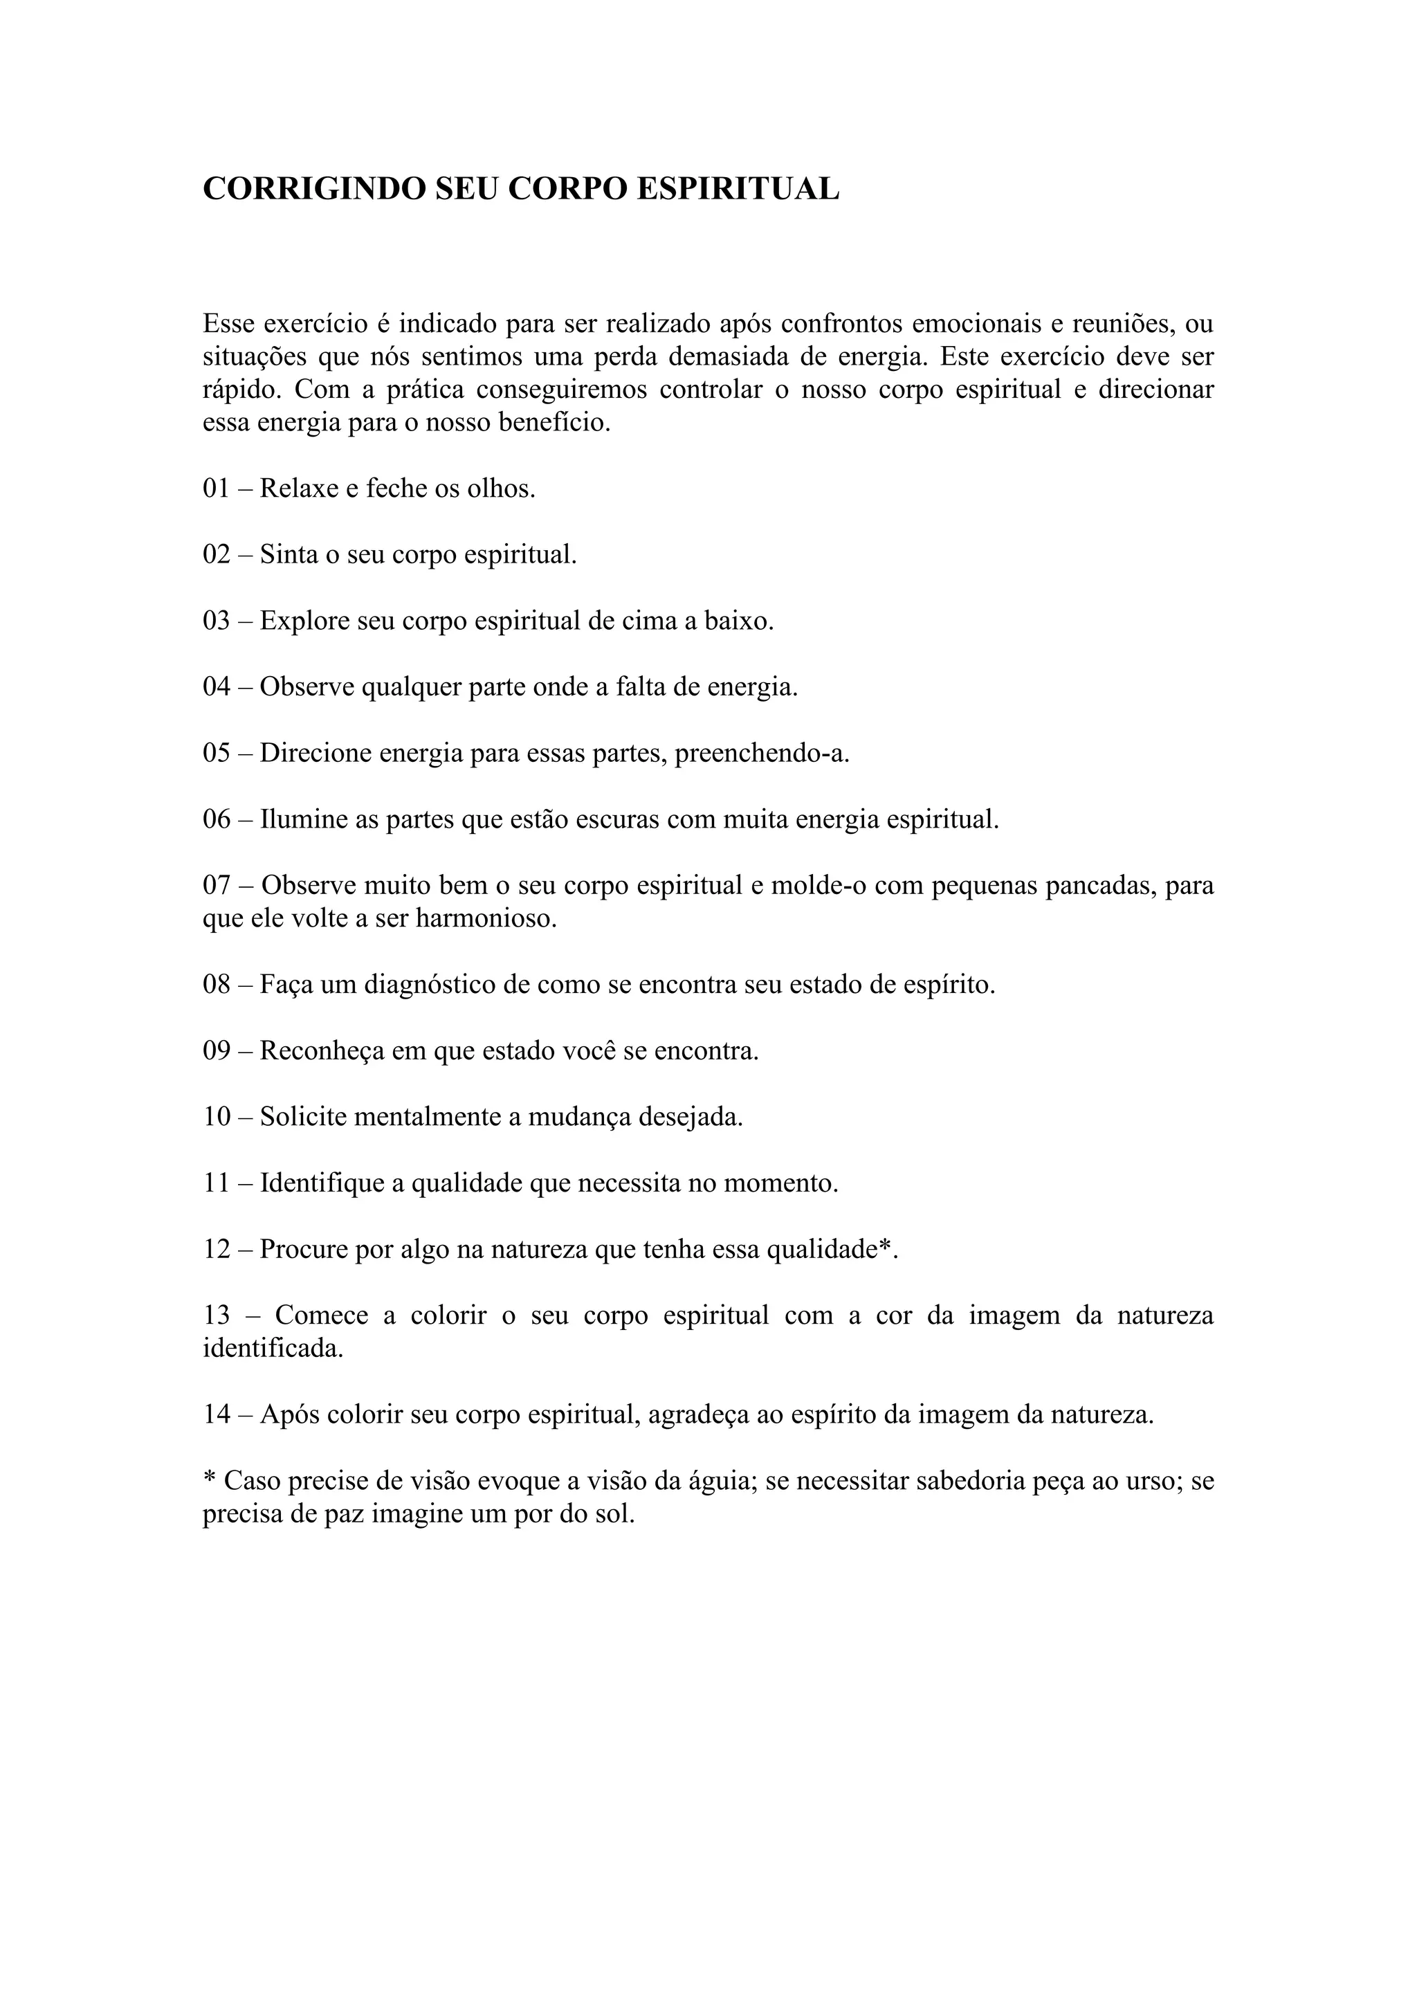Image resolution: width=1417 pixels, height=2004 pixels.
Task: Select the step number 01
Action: click(217, 488)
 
